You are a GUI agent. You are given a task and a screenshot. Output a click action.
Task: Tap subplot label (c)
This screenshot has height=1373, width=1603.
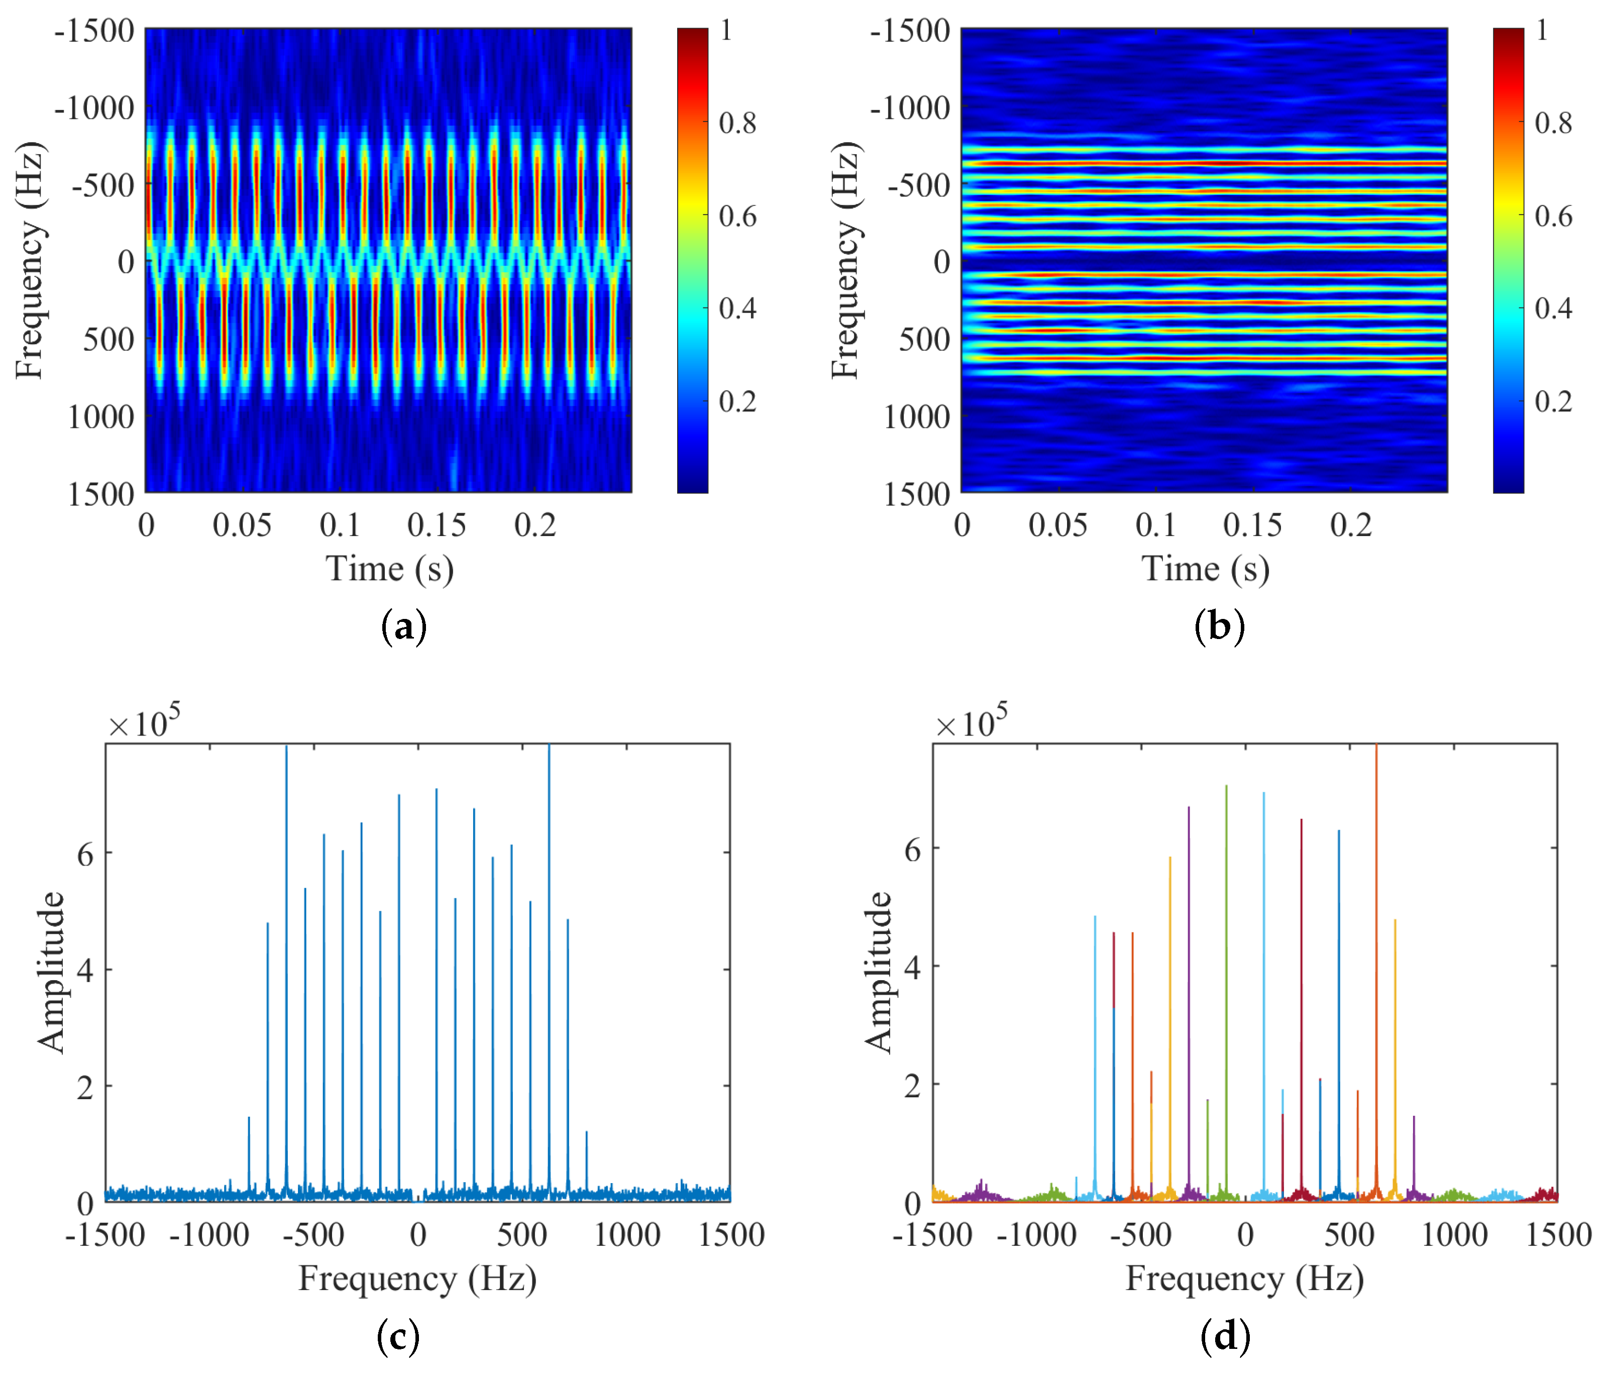click(x=398, y=1336)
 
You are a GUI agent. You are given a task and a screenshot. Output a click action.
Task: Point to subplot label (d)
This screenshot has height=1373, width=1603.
click(x=1225, y=1336)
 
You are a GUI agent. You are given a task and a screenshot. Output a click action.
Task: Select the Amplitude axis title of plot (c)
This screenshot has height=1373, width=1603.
click(x=51, y=972)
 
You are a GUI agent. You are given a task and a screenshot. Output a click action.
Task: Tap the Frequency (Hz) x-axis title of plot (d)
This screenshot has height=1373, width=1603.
click(x=1244, y=1279)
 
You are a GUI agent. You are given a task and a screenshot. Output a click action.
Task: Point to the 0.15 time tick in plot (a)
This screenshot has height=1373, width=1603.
click(x=437, y=526)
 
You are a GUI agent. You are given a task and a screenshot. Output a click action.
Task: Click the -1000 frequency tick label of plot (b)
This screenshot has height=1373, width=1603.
click(x=910, y=109)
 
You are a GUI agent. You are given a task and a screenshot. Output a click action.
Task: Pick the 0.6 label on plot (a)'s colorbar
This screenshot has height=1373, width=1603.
click(x=737, y=216)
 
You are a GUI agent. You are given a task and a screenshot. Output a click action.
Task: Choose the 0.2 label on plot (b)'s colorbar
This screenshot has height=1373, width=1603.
click(x=1553, y=401)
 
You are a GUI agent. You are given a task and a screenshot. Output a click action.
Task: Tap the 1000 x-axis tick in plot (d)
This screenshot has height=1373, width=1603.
click(x=1454, y=1235)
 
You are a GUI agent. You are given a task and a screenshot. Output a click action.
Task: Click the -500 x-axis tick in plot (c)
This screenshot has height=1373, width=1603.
click(x=313, y=1235)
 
